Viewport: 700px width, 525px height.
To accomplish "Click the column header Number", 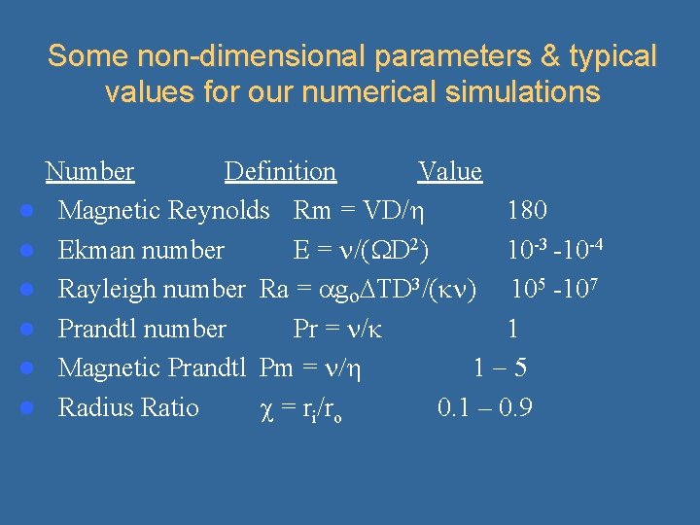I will tap(89, 172).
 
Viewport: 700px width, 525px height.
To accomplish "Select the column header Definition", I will tap(280, 172).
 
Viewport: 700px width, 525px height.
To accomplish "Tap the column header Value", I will tap(449, 172).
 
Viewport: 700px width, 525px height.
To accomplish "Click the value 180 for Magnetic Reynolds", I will tap(526, 210).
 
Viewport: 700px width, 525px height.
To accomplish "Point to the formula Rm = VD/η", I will tap(362, 210).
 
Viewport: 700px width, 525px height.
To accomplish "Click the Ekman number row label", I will tap(141, 250).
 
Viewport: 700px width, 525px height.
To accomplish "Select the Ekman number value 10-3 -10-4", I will tap(556, 249).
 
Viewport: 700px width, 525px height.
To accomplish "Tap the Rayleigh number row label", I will tap(152, 289).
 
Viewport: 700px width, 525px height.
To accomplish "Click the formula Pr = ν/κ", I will tap(337, 329).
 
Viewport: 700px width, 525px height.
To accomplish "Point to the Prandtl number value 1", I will tap(512, 329).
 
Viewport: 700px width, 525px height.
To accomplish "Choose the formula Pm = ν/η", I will tap(311, 367).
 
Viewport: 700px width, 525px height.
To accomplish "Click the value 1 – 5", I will tap(500, 367).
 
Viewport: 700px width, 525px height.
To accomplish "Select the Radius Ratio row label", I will tap(128, 407).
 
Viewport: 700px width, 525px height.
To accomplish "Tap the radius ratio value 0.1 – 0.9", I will tap(484, 407).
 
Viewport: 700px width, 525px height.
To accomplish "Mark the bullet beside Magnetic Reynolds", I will tap(31, 211).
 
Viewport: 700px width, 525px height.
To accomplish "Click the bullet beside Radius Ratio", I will tap(31, 408).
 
